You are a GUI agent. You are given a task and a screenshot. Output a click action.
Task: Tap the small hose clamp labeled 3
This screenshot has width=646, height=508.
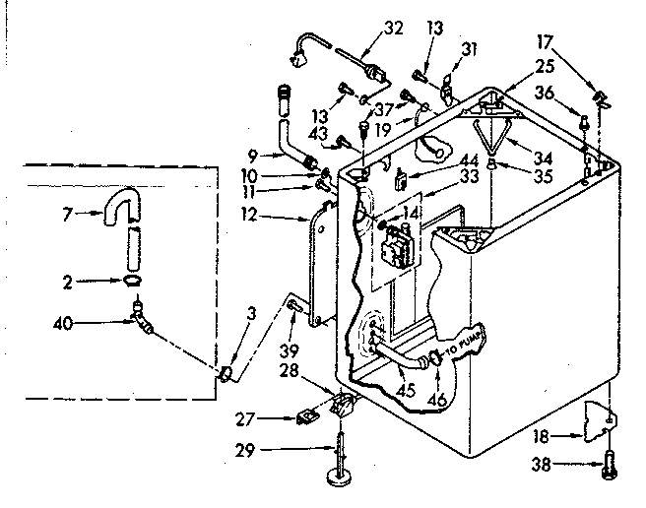(x=226, y=372)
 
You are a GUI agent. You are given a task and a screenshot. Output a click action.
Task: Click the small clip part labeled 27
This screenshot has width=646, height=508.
(x=307, y=417)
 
